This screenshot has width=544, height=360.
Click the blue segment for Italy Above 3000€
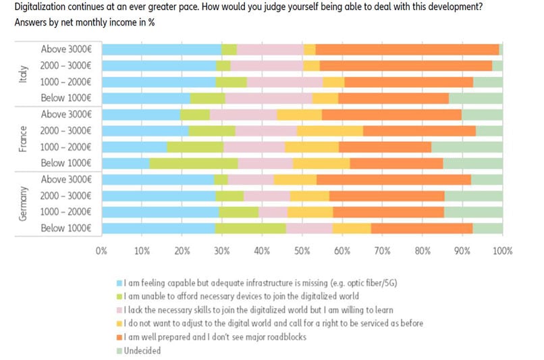click(161, 49)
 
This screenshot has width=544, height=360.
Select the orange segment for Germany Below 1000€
click(421, 229)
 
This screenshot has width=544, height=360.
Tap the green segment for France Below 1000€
click(194, 163)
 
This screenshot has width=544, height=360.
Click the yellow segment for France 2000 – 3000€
click(330, 130)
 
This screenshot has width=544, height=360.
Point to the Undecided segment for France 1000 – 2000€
click(467, 147)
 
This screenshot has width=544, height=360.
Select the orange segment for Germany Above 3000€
click(393, 180)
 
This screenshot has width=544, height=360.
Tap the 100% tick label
click(502, 251)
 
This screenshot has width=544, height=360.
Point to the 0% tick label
click(102, 251)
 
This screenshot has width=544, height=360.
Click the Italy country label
click(23, 74)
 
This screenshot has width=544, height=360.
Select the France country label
click(23, 138)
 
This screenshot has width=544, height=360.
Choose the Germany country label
click(23, 204)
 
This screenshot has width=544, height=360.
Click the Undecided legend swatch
click(119, 351)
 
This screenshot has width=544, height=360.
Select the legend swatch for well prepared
click(119, 337)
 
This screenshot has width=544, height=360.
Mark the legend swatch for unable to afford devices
click(119, 297)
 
